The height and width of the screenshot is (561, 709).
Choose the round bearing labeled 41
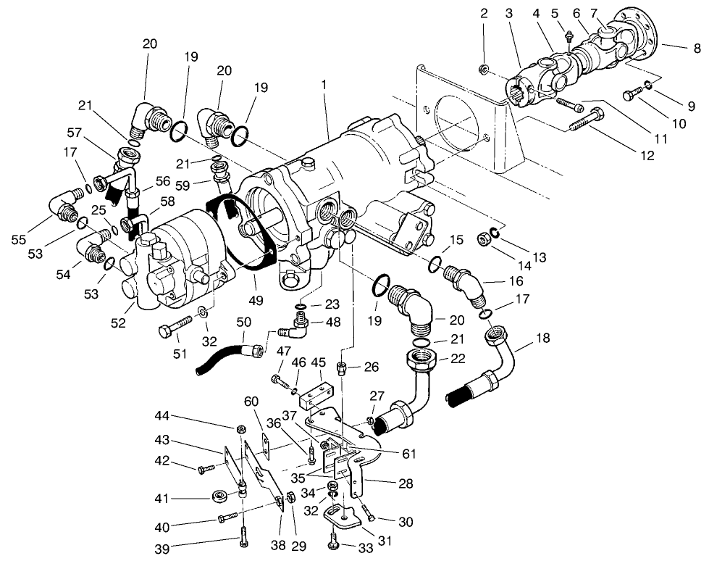219,496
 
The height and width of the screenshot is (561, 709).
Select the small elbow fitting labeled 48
294,333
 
